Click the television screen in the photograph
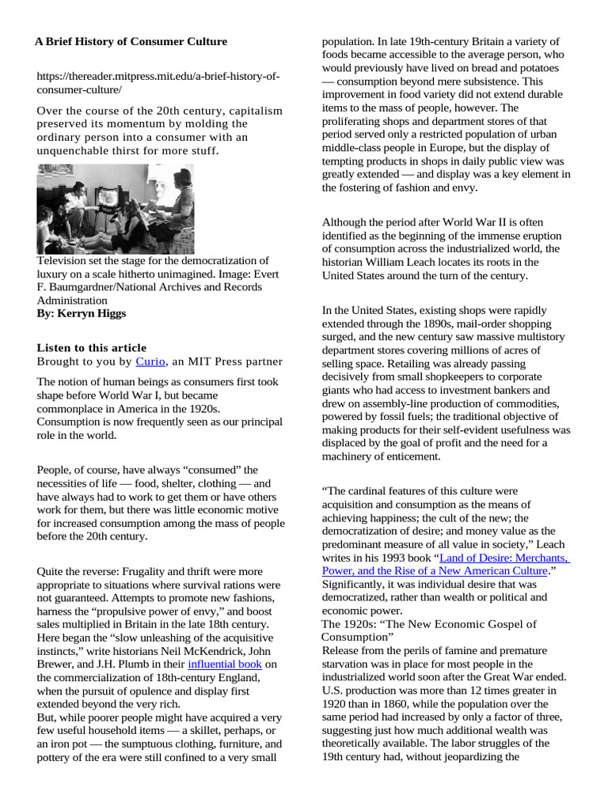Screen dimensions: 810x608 coord(105,199)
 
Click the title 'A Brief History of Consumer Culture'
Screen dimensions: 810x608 coord(131,41)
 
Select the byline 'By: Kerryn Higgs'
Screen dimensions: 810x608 coord(81,313)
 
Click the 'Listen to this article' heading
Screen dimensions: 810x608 coord(92,348)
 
